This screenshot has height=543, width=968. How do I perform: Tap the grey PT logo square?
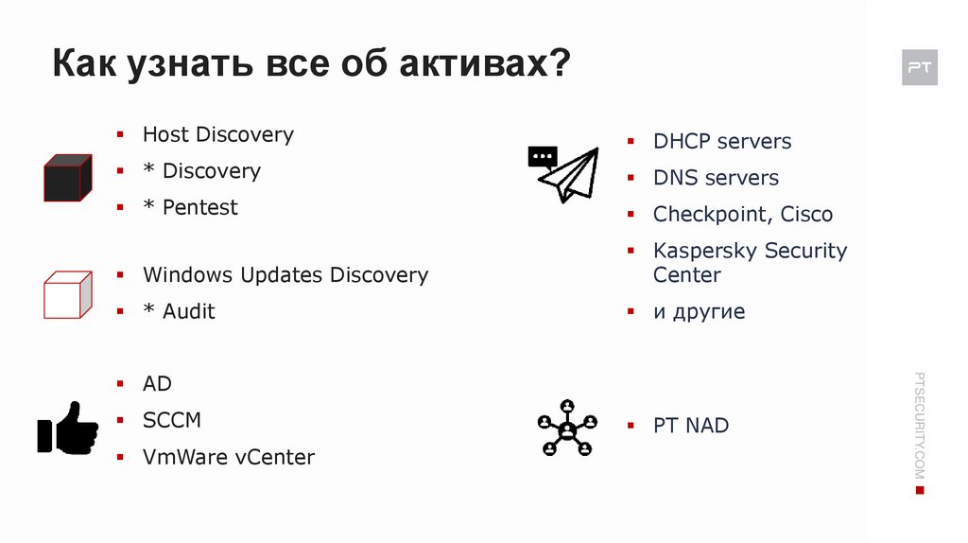pos(919,68)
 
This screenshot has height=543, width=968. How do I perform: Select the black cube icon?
pos(67,179)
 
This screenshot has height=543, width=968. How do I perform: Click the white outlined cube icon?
pos(67,294)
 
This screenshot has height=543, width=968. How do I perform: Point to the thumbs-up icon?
pos(67,428)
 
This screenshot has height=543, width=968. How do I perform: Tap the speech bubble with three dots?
pos(542,156)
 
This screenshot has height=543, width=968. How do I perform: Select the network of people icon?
pos(567,428)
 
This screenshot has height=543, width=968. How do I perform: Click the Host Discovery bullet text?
pos(217,134)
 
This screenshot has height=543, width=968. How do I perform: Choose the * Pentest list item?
pos(190,207)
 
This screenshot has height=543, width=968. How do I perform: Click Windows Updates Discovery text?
pos(285,275)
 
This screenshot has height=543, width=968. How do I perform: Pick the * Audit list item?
pos(179,311)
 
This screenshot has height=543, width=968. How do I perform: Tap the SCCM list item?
pos(171,420)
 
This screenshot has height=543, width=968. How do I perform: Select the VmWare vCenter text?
pos(228,457)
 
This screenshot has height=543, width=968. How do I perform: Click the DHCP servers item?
pos(721,142)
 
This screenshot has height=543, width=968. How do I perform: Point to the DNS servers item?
pos(716,178)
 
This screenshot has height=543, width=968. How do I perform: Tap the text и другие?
pos(699,311)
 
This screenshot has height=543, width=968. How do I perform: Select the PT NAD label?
pos(691,426)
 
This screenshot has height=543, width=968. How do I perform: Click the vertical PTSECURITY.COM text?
pos(920,426)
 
